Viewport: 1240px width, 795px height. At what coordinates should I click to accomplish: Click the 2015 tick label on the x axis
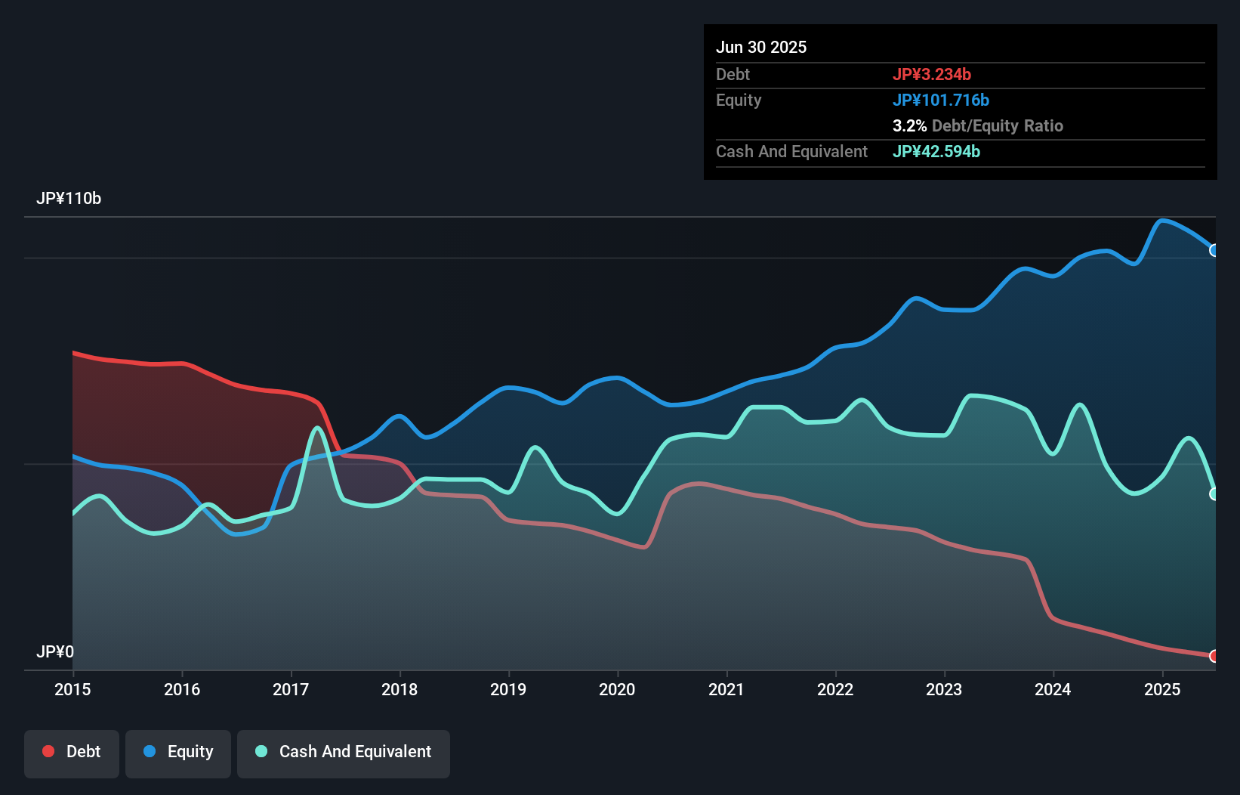click(72, 689)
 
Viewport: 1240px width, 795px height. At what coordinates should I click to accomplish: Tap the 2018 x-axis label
click(399, 689)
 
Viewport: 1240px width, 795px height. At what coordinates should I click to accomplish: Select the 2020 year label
click(617, 689)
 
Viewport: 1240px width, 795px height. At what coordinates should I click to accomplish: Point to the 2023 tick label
click(944, 689)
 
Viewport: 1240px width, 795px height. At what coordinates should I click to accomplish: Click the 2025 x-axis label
click(1162, 689)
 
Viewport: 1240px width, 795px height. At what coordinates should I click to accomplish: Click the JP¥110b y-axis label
click(69, 199)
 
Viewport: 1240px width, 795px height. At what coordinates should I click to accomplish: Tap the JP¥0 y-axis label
click(55, 651)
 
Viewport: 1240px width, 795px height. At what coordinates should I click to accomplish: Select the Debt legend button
click(72, 752)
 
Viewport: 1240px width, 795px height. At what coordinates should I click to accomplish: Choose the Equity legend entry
click(178, 752)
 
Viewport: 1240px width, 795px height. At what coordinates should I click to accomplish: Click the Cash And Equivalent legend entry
click(344, 752)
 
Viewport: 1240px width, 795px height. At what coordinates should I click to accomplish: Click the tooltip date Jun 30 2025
click(761, 47)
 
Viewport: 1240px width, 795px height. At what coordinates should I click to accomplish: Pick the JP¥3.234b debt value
click(932, 74)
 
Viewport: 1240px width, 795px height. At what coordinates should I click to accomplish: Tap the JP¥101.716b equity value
click(941, 100)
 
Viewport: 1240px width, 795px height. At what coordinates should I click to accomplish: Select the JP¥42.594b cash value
click(936, 151)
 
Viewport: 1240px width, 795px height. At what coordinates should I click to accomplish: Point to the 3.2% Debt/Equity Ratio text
click(978, 125)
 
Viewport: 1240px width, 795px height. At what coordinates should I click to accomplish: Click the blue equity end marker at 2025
click(1214, 250)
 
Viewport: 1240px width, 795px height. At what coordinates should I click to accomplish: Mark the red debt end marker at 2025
click(1214, 656)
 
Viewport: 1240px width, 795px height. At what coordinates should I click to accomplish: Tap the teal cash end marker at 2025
click(1214, 493)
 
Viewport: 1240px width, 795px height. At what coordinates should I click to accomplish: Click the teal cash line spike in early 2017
click(318, 428)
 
